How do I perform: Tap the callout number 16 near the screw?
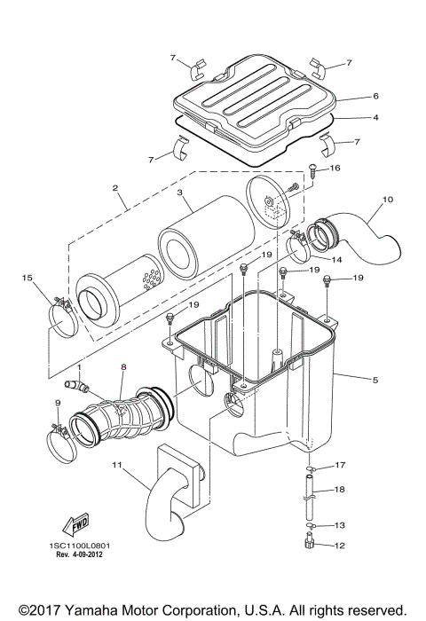click(x=335, y=168)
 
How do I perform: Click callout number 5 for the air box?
click(x=375, y=380)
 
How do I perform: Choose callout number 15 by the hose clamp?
click(x=27, y=278)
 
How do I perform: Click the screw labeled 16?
click(x=310, y=169)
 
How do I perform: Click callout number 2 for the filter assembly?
click(x=115, y=187)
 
